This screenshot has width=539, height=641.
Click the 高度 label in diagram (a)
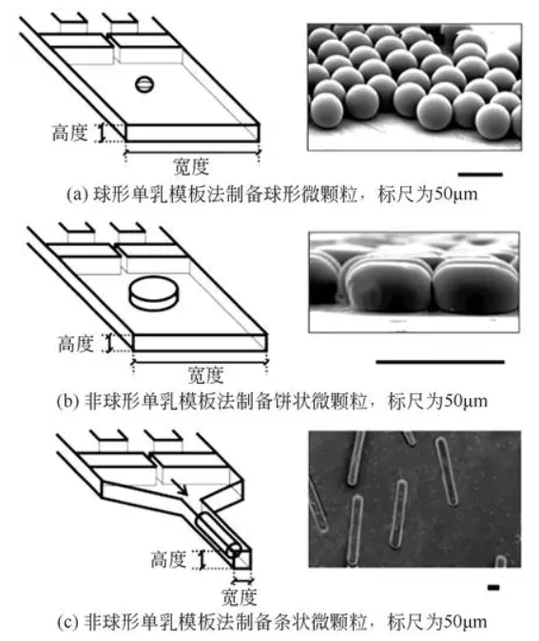pyautogui.click(x=72, y=134)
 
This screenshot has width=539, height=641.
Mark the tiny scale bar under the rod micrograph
pyautogui.click(x=492, y=588)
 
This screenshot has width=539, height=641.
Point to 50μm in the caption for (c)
pyautogui.click(x=460, y=622)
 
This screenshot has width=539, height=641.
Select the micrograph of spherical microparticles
pyautogui.click(x=415, y=87)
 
